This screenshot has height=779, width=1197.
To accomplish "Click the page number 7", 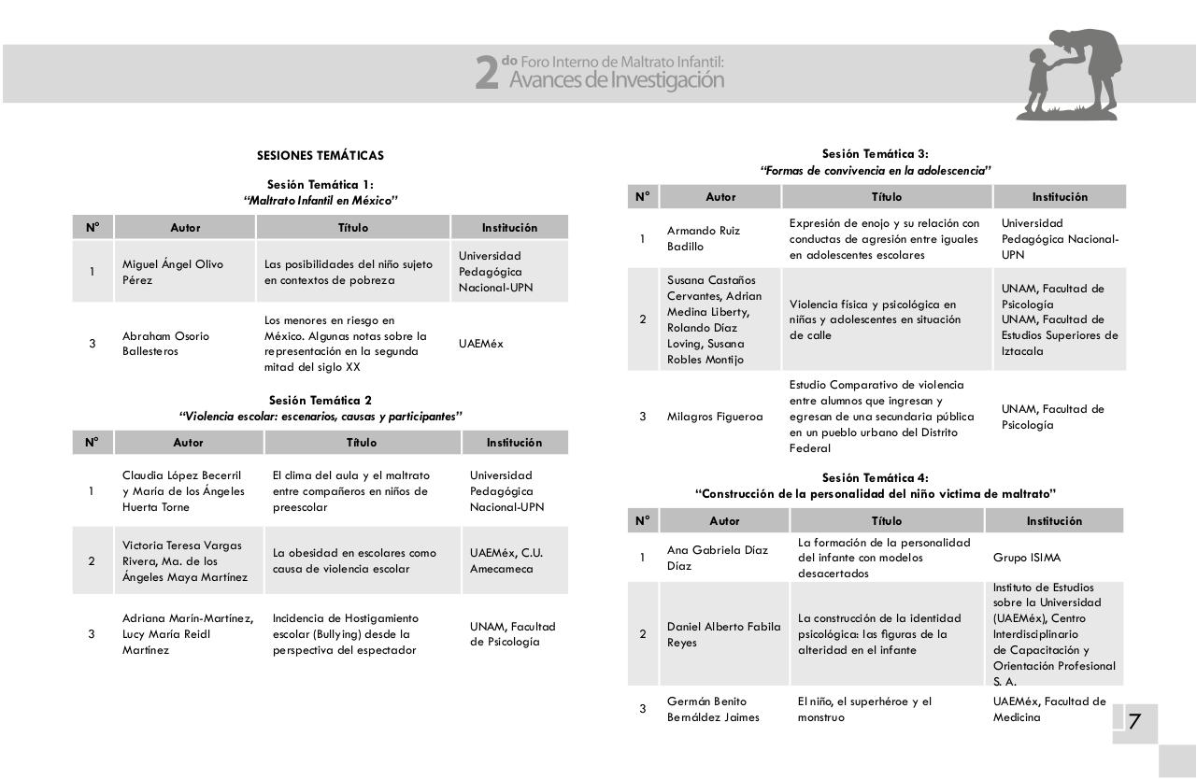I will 1134,721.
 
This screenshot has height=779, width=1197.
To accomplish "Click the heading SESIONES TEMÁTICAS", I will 320,155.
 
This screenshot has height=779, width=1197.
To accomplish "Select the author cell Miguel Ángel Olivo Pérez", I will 173,272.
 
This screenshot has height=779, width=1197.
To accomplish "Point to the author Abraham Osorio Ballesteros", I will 165,344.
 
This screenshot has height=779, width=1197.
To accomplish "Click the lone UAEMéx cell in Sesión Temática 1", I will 480,344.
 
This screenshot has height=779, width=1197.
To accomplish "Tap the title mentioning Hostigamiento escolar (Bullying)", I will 347,634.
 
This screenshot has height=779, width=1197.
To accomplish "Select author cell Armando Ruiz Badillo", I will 704,239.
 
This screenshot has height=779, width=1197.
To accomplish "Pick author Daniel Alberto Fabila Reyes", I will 723,634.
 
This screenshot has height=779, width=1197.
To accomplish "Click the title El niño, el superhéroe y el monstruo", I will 864,709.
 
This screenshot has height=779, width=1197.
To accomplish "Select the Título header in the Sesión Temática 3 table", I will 886,197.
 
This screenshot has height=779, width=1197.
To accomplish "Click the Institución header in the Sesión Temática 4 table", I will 1053,521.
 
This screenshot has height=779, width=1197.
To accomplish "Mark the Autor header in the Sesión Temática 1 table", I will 185,228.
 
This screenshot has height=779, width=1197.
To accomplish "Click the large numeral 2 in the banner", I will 487,73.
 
